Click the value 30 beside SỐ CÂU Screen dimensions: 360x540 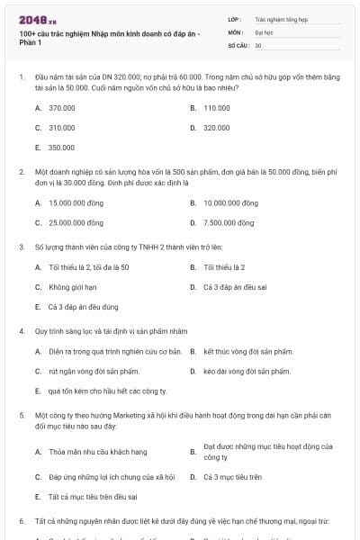[258, 44]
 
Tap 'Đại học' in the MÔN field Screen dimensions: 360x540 [263, 31]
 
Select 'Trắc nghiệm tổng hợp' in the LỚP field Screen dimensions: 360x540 [281, 19]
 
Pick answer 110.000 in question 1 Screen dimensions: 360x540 [217, 107]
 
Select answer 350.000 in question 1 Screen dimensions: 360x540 [61, 147]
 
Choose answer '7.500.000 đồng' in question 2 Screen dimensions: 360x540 [229, 222]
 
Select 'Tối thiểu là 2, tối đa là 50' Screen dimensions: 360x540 [88, 267]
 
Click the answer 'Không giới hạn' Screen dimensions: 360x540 [72, 287]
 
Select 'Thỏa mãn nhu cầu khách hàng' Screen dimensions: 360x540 [97, 451]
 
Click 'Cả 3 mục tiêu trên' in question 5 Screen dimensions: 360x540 [232, 476]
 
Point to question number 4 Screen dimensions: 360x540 [22, 330]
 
